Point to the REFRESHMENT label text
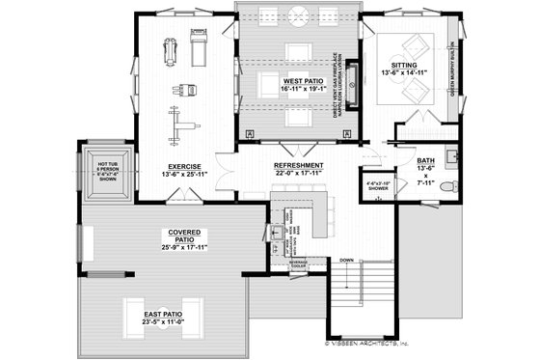point(298,166)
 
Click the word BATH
point(425,161)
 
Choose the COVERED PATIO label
point(183,233)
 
